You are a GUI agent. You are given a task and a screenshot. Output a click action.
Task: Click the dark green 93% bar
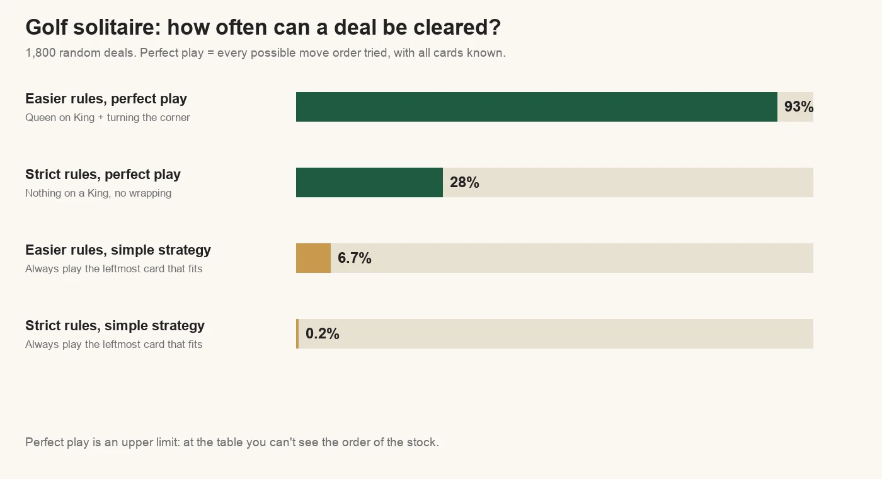coord(537,107)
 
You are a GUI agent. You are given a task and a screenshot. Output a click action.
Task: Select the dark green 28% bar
coord(369,182)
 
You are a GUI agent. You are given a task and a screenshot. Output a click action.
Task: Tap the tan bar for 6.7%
coord(314,258)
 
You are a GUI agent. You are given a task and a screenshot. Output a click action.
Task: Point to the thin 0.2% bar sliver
coord(297,333)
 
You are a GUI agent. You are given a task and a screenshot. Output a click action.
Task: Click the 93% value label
coord(799,107)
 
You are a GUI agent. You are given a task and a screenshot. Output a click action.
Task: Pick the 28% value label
coord(465,182)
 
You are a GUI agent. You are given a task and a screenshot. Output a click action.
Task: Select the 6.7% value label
coord(354,258)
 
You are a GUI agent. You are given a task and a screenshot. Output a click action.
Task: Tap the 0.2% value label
coord(323,333)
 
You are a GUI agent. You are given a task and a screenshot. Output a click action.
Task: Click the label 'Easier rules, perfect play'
coord(106,99)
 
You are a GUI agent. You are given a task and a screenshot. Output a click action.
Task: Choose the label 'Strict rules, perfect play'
coord(103,175)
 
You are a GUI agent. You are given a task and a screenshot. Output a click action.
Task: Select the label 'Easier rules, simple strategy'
coord(118,250)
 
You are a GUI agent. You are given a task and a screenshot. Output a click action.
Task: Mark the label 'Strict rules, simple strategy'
coord(115,326)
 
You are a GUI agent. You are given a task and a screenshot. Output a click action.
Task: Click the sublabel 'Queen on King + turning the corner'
coord(108,118)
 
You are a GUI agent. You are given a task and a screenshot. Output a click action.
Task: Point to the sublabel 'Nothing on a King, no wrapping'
coord(98,193)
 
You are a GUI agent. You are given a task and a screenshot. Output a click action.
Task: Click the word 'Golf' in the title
coord(47,28)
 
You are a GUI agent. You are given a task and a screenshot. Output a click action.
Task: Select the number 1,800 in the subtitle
coord(40,53)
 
